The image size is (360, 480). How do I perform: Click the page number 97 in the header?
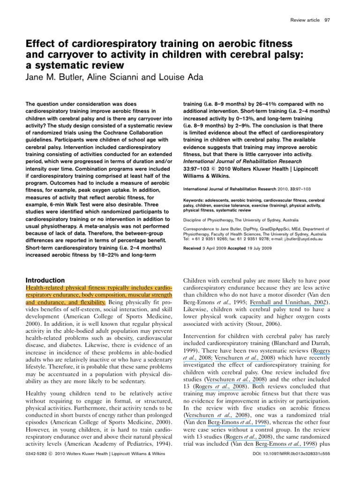point(327,20)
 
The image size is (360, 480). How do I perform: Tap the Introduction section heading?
point(45,280)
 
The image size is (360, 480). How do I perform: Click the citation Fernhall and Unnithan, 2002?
point(300,303)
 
